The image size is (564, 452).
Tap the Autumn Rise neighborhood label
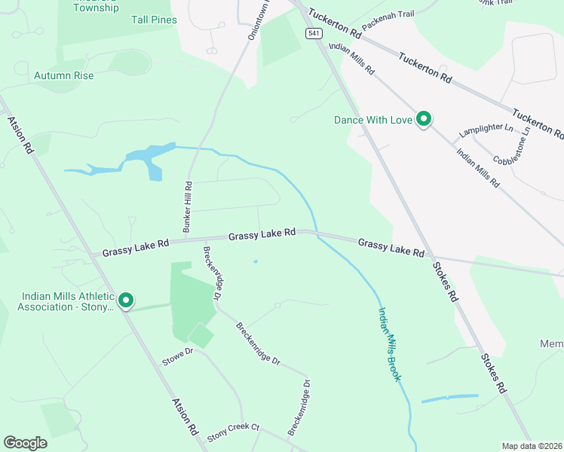tap(64, 76)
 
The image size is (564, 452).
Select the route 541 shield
tap(312, 34)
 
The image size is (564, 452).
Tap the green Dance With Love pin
tap(425, 119)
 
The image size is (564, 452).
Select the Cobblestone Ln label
tap(513, 148)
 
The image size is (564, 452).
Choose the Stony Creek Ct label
tap(234, 431)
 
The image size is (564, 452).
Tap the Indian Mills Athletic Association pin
tap(126, 301)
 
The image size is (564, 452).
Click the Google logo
tap(25, 442)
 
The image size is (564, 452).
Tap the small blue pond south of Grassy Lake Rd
tap(256, 261)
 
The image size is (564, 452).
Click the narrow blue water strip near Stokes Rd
tap(449, 398)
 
